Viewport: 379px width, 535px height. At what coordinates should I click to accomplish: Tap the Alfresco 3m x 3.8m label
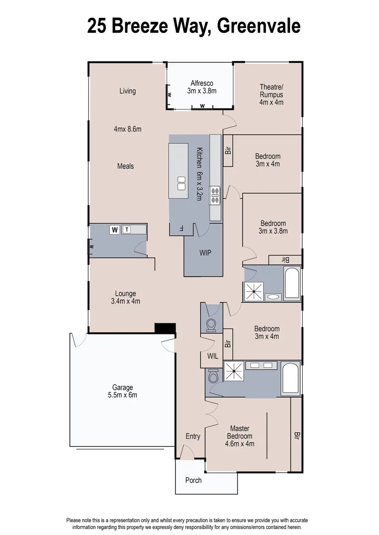(202, 87)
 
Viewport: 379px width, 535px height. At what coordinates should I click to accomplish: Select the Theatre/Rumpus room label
(271, 95)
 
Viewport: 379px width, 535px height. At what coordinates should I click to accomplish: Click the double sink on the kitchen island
(182, 183)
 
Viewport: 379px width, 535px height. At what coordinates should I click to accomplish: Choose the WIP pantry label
(205, 253)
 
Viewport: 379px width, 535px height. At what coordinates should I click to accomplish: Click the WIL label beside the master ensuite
(212, 356)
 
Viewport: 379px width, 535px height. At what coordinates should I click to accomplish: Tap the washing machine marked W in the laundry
(115, 229)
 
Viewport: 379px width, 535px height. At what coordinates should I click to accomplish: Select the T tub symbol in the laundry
(127, 229)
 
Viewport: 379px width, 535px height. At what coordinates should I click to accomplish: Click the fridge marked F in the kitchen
(181, 229)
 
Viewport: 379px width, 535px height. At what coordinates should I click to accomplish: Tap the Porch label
(193, 480)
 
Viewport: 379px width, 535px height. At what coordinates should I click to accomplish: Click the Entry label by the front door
(193, 436)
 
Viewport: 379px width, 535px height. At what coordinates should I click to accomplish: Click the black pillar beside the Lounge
(165, 328)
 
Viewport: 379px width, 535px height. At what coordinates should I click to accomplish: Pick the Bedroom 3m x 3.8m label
(273, 227)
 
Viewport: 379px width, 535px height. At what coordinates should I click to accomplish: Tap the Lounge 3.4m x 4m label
(125, 297)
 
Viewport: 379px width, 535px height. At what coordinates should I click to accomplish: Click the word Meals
(125, 166)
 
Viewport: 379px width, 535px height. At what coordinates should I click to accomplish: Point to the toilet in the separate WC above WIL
(211, 324)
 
